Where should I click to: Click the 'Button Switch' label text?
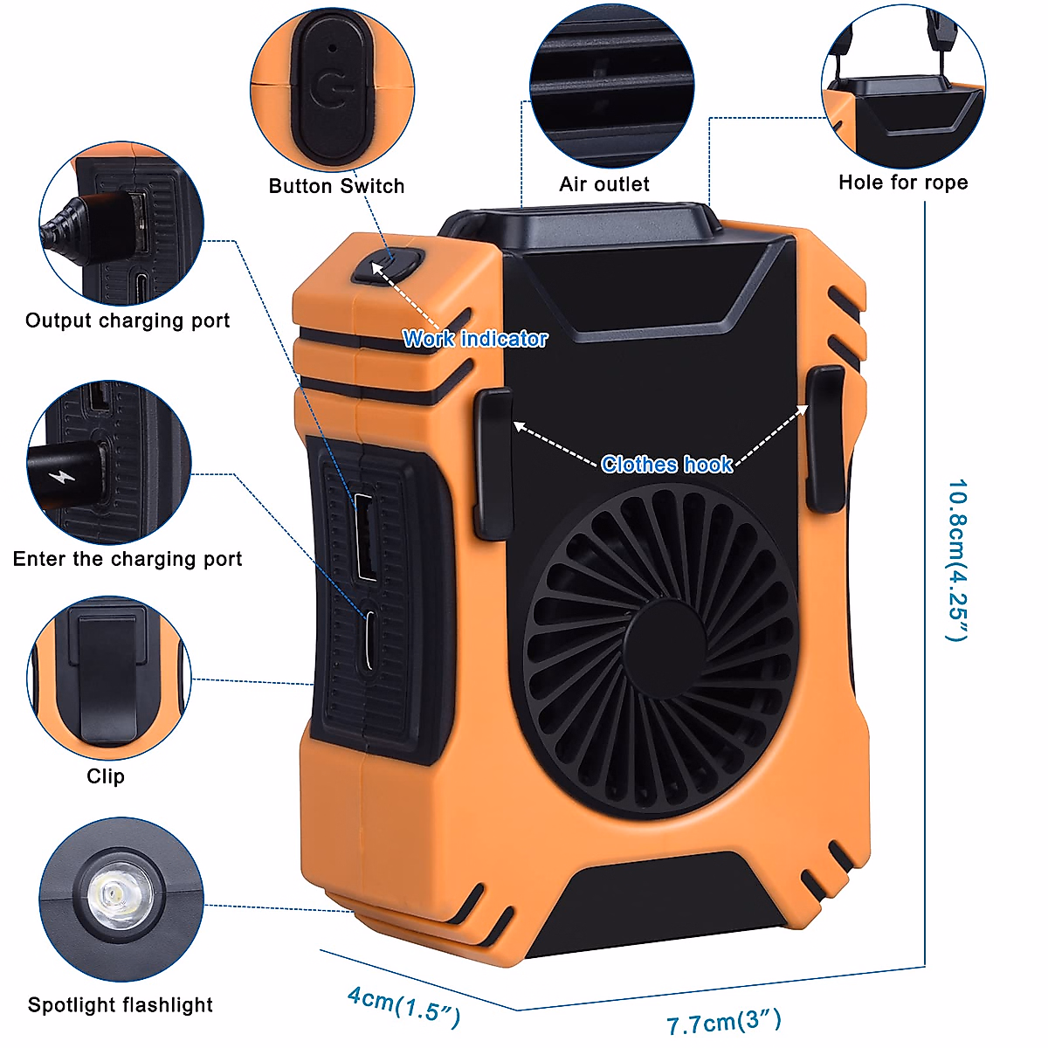(336, 186)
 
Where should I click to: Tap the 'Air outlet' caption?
(604, 184)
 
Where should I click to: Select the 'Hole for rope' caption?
(903, 183)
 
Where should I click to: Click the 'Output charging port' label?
(128, 321)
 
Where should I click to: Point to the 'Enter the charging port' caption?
(128, 559)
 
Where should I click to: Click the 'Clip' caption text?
(106, 776)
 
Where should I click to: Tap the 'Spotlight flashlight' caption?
(121, 1005)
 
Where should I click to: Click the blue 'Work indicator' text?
(475, 339)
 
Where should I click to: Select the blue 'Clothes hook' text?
(666, 465)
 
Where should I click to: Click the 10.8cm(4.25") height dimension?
(957, 559)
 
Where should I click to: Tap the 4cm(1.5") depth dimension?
(403, 1005)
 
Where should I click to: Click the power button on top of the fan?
(389, 265)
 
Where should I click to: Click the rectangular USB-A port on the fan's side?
(366, 536)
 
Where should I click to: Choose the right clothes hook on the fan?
(824, 439)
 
